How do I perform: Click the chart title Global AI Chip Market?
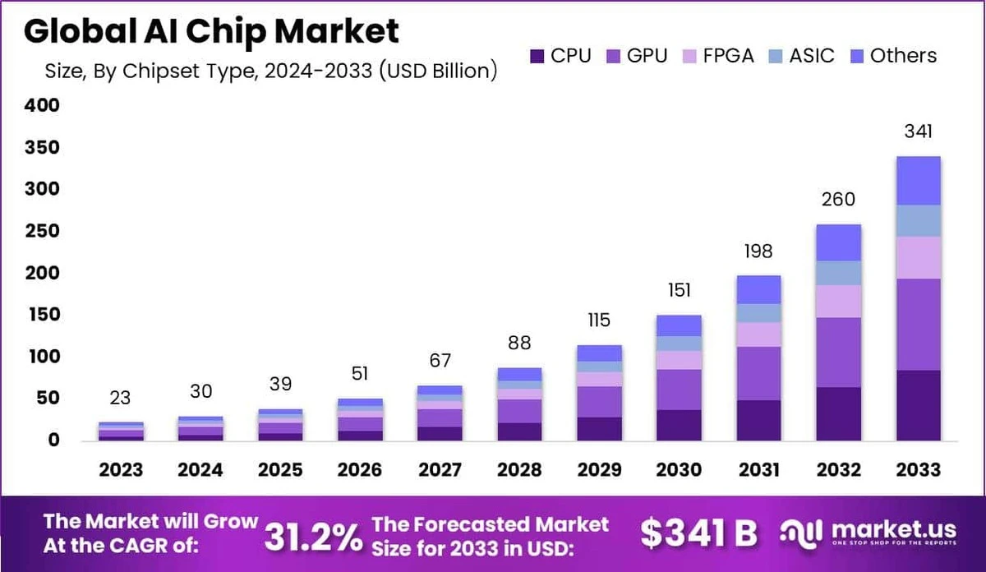(x=211, y=31)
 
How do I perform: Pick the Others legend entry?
(x=892, y=56)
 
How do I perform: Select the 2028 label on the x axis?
(x=520, y=470)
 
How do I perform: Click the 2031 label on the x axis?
(x=758, y=470)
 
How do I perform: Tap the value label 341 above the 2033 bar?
(x=918, y=131)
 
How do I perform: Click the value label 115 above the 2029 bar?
(x=600, y=321)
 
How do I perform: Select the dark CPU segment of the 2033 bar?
(x=918, y=405)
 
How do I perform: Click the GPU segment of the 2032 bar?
(x=838, y=352)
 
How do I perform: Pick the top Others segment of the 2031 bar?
(x=758, y=289)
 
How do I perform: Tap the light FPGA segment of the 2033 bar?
(x=918, y=257)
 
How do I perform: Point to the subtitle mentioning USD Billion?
(x=271, y=71)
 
